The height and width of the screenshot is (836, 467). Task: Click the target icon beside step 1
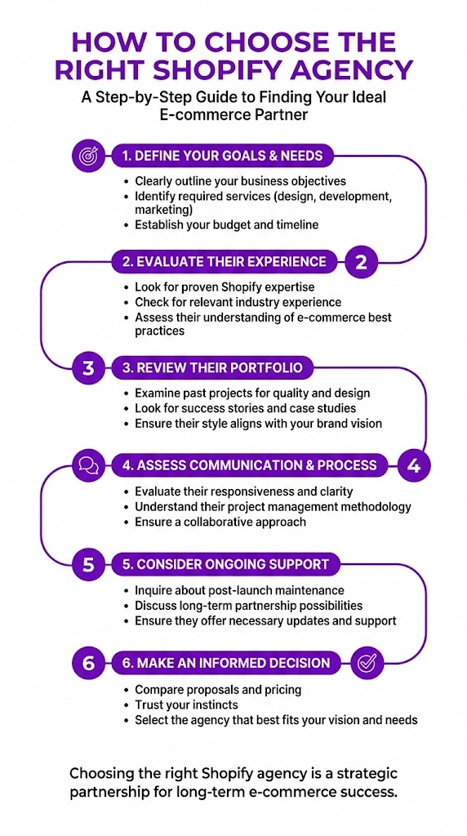[88, 155]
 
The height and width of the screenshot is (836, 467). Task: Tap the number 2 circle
[362, 262]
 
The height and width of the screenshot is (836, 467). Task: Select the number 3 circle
[88, 368]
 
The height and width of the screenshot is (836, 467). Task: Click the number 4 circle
[414, 465]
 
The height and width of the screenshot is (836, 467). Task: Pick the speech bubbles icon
[88, 465]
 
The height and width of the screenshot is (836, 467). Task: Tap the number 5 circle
[88, 564]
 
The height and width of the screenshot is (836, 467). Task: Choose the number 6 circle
[88, 662]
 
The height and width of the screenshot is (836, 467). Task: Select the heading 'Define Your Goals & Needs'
[222, 155]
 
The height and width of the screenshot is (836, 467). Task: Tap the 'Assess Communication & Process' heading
[249, 465]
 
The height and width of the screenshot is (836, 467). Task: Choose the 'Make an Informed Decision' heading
[226, 662]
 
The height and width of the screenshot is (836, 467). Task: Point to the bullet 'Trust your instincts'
[186, 705]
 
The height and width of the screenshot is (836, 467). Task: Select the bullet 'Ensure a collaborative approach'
[220, 522]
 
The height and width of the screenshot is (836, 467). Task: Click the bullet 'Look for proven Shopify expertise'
[224, 287]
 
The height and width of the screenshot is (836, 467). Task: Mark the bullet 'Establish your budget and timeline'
[226, 224]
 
